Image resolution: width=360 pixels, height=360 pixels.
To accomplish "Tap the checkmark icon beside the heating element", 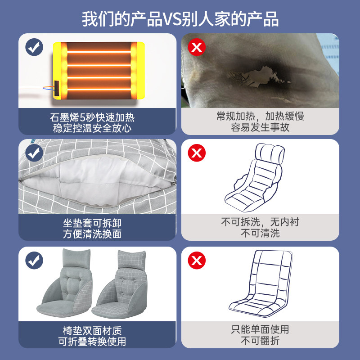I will [34, 47].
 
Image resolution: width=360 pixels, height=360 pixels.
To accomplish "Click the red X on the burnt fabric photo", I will [196, 47].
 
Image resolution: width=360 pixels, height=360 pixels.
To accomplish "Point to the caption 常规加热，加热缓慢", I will [260, 117].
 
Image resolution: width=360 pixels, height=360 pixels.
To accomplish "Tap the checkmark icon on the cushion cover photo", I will [34, 153].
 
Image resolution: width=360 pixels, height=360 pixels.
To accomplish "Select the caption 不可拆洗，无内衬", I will [260, 222].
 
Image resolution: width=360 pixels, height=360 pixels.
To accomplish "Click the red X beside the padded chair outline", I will [196, 153].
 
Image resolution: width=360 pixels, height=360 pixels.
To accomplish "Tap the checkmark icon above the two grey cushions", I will [34, 260].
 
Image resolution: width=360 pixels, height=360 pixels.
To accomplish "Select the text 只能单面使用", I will [260, 330].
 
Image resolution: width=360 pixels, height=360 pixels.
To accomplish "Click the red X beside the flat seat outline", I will [196, 260].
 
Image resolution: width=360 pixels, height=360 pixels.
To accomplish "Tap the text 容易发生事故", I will [260, 127].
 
